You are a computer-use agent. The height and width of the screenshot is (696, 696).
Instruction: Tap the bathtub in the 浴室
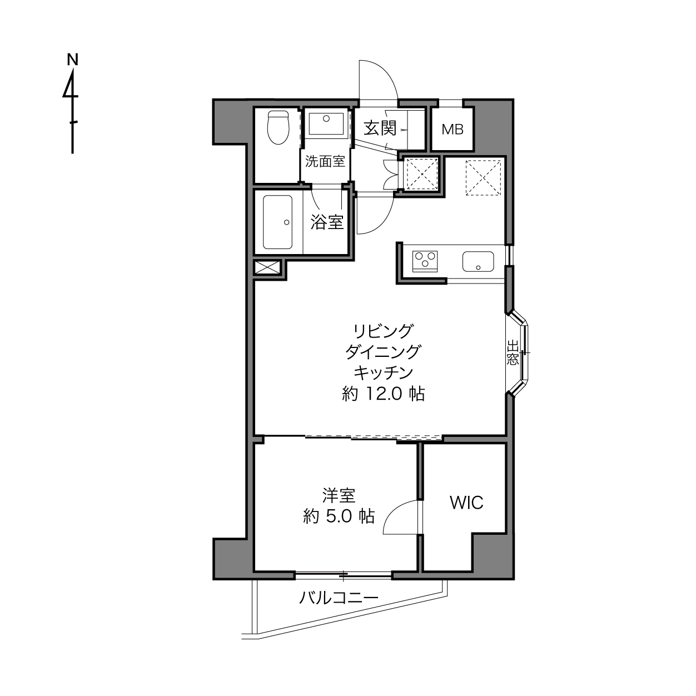277,222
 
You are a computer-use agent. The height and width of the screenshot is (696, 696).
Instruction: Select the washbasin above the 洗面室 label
326,125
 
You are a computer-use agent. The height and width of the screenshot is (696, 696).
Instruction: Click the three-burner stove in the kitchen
425,261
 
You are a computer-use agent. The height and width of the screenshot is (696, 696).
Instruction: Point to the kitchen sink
478,261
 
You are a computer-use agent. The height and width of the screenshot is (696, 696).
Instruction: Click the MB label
453,130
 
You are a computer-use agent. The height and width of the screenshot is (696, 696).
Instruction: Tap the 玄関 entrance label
380,128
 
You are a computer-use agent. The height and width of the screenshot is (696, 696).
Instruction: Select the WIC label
466,502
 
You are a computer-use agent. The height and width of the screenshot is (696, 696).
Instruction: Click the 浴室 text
327,222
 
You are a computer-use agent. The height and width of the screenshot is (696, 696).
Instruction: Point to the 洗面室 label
325,161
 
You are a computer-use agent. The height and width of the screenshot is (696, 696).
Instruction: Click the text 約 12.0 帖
383,394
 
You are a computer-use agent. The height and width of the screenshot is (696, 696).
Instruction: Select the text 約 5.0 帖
339,516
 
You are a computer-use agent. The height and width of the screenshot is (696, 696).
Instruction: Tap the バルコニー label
339,598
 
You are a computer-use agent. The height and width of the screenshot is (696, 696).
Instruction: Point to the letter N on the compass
73,59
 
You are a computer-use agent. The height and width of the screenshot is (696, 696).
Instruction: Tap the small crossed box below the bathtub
267,267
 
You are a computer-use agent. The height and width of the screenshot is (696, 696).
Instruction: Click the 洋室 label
339,495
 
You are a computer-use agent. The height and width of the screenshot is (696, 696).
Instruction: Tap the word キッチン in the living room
383,373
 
